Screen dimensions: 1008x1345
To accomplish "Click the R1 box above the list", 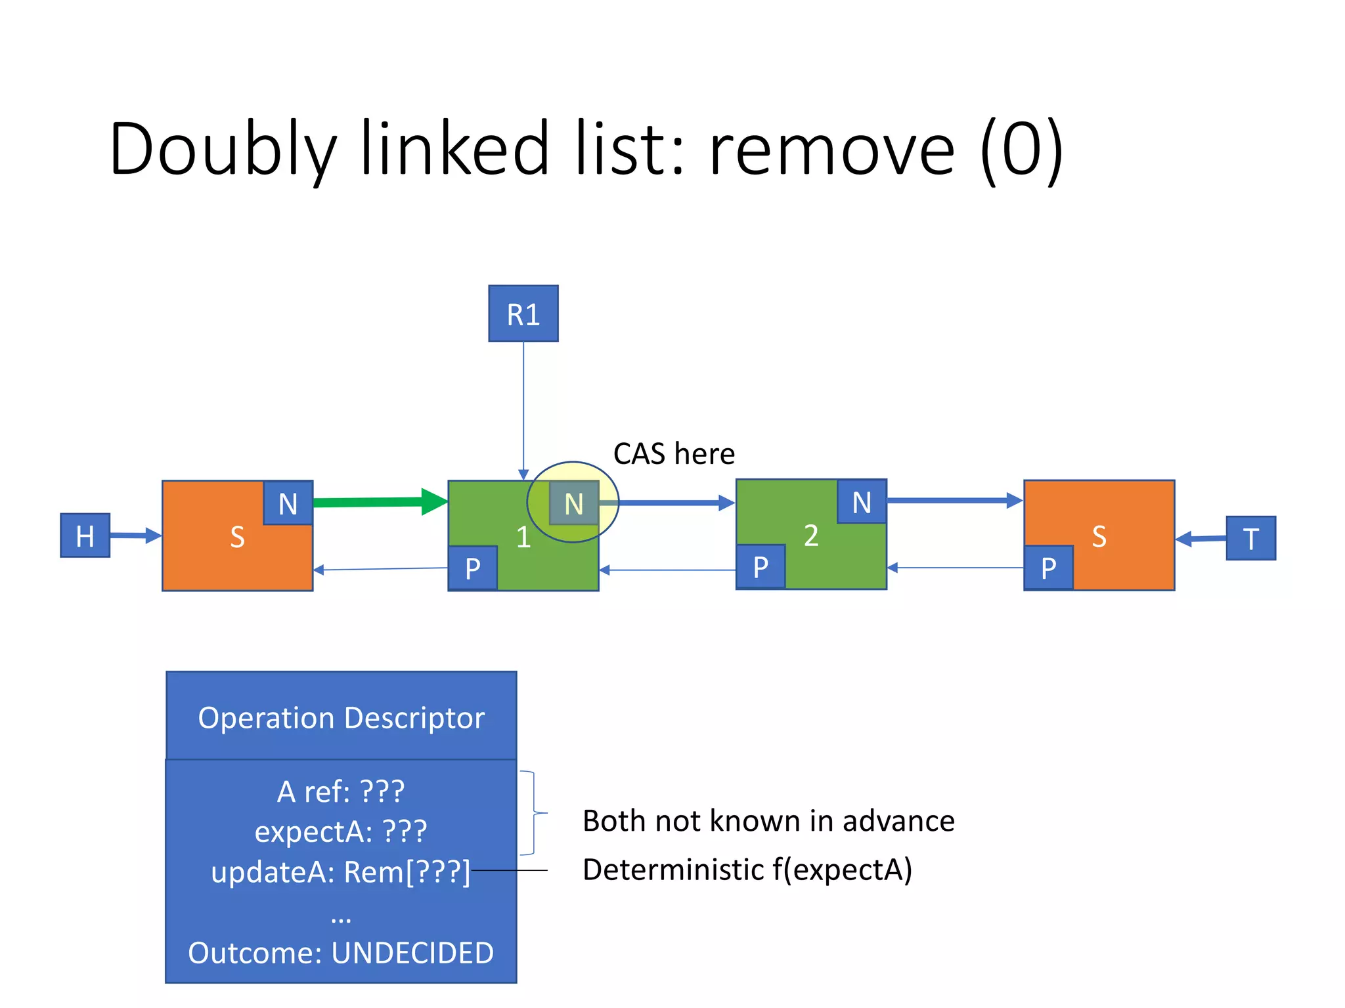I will [x=523, y=314].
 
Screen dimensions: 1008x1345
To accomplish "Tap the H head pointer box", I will [x=85, y=535].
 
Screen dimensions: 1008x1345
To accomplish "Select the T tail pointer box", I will [x=1250, y=538].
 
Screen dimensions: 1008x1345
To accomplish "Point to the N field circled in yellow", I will [x=573, y=503].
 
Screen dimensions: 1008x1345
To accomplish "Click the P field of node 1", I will [x=472, y=568].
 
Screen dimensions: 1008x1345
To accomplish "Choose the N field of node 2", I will [x=861, y=502].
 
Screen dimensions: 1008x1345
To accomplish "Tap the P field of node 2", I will [x=760, y=567].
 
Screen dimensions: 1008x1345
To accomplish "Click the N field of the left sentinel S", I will [x=288, y=503].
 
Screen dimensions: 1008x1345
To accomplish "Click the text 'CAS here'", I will [x=673, y=454].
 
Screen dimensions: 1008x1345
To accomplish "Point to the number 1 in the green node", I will [x=523, y=537].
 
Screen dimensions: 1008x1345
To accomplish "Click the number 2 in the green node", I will [x=811, y=535].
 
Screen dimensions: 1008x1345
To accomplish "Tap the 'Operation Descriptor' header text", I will [x=341, y=717].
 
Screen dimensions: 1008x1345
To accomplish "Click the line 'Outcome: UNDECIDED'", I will [x=341, y=953].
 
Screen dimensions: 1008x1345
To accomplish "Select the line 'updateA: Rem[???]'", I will [x=341, y=872].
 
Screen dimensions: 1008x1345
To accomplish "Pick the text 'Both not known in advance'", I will [x=768, y=821].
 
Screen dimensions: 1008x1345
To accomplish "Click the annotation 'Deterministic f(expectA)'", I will [x=747, y=870].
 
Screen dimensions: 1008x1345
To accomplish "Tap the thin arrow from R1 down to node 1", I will [x=523, y=407].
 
